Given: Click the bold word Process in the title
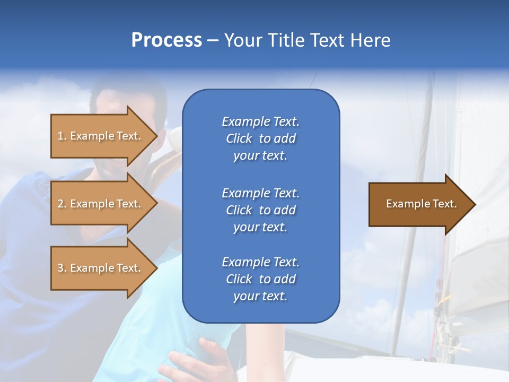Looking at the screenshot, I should (166, 40).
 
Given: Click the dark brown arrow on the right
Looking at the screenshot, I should (419, 204).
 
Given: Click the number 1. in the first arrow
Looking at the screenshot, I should (62, 136).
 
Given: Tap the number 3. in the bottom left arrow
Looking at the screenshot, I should (62, 268).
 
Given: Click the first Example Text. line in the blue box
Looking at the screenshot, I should (260, 121).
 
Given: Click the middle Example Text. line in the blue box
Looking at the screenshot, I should (260, 193).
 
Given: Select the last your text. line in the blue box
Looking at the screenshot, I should (260, 297).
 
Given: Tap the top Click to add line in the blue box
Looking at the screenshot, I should (260, 138).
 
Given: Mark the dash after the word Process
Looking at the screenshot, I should (213, 41).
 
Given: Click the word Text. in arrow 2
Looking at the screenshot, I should (129, 204).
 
